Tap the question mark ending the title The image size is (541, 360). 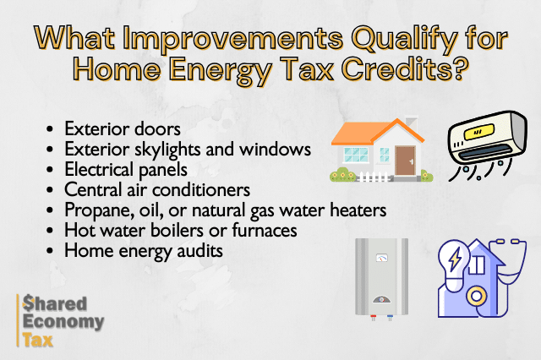point(462,68)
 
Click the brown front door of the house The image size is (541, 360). point(406,161)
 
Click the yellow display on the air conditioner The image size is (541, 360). point(479,131)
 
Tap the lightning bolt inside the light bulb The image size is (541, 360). point(456,259)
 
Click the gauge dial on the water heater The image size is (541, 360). point(381,258)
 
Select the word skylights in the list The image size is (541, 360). point(167,150)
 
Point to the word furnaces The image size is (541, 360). point(265,230)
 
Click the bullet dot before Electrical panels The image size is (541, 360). point(50,170)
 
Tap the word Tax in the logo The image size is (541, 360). point(37,340)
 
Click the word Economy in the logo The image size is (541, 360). point(63,322)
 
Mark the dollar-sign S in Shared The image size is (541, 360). point(28,303)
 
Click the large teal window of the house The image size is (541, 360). point(356,155)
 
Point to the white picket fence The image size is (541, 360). point(374,177)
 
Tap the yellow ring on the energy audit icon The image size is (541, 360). point(477,296)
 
